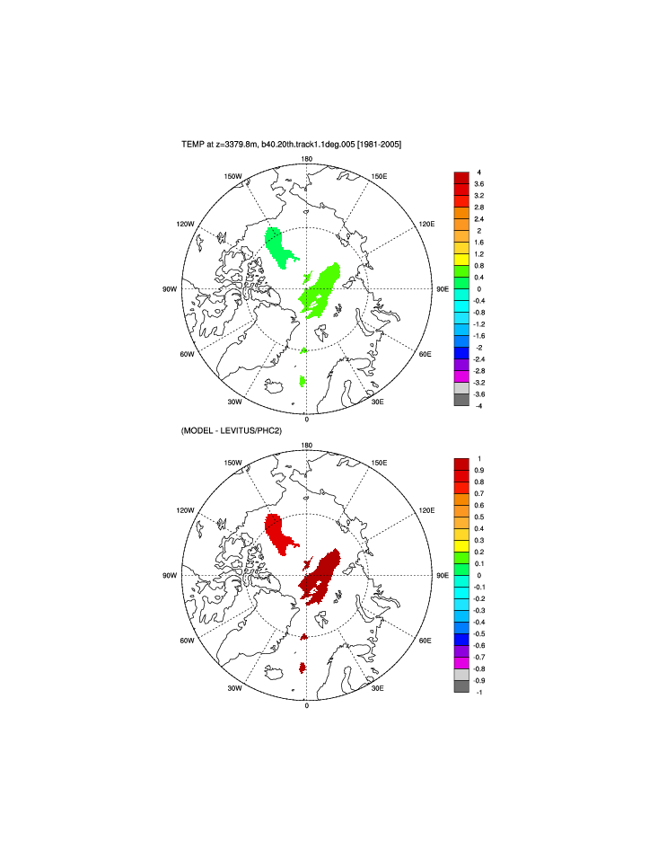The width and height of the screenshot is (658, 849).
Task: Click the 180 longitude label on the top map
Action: [x=307, y=159]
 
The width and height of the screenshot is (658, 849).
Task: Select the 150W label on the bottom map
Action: [x=233, y=463]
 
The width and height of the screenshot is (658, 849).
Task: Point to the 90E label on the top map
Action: [x=443, y=289]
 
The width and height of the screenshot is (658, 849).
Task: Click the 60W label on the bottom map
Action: [x=187, y=641]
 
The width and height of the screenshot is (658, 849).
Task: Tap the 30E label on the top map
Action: [x=378, y=402]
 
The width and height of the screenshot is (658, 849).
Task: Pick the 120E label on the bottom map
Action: [x=427, y=510]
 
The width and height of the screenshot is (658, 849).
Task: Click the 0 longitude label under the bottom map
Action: [x=307, y=705]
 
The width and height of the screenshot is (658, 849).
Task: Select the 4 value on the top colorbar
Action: [x=478, y=172]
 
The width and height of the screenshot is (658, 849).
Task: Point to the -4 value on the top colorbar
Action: [x=479, y=406]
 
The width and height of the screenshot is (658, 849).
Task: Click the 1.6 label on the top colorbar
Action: [x=480, y=243]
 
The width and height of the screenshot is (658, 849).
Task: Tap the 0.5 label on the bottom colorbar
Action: [x=480, y=517]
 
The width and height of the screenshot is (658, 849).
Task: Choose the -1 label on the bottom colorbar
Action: [x=479, y=692]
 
